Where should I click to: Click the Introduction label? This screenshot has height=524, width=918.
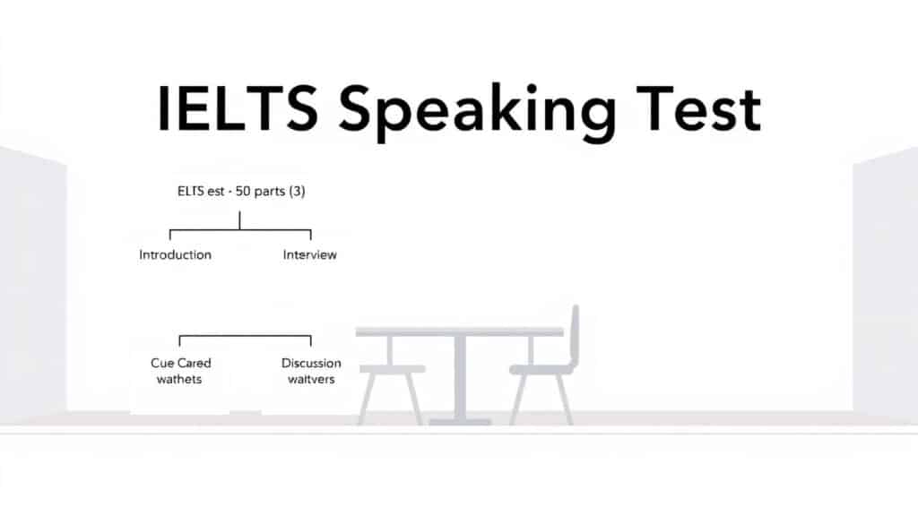176,255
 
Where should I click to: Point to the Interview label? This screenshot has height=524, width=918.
310,255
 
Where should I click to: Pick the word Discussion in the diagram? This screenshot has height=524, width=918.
311,363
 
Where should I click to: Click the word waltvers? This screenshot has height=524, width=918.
310,379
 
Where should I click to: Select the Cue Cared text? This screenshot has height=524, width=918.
181,363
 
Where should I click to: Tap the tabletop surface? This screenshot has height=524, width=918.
459,331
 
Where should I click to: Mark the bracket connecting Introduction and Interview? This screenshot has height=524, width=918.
239,230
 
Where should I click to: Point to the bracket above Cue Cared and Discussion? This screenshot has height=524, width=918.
245,337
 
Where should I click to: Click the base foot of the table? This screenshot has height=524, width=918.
460,421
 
